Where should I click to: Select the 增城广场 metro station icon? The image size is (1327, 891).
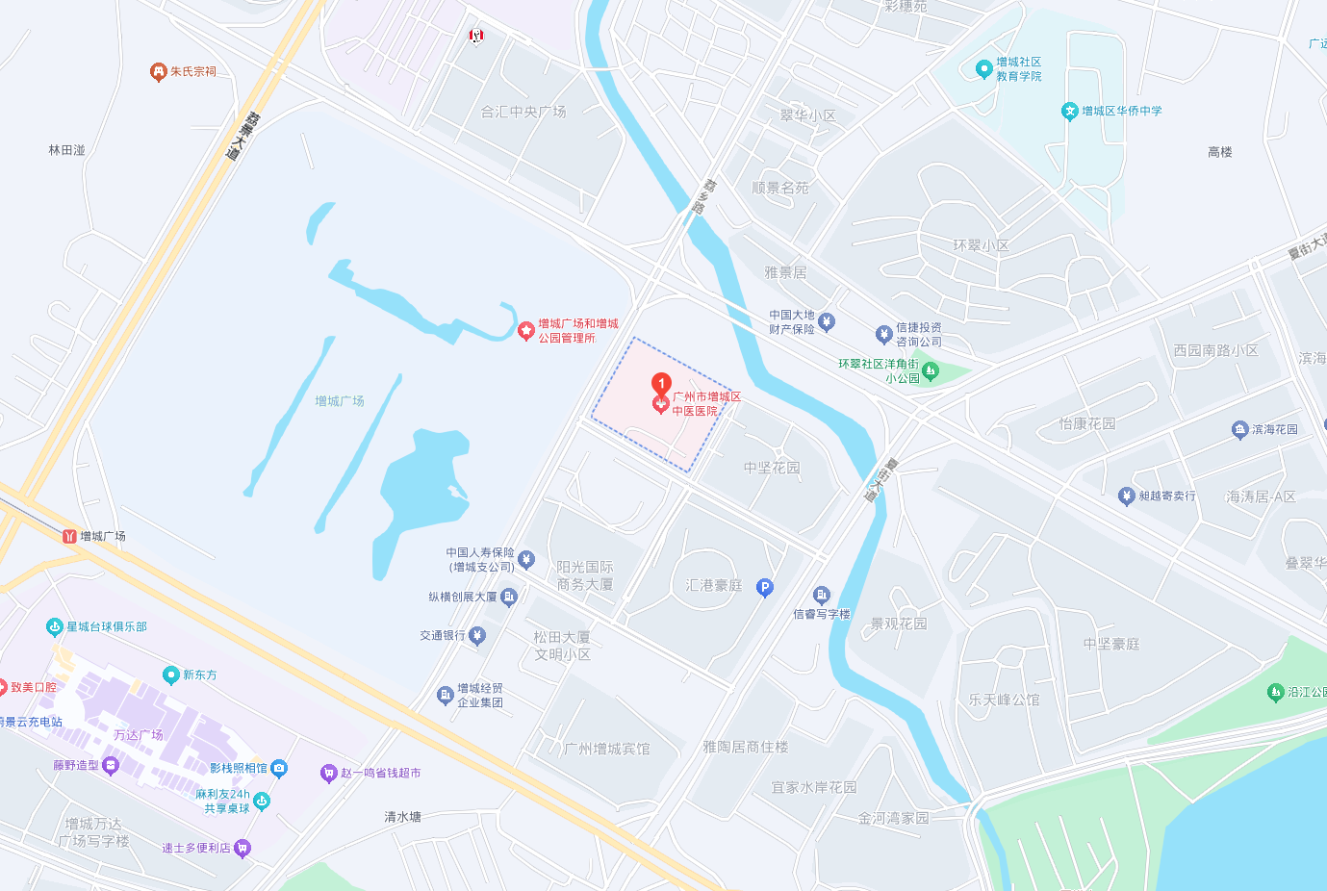(69, 536)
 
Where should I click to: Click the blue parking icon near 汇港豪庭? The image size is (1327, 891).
(765, 587)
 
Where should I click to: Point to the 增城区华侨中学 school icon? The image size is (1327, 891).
(1069, 112)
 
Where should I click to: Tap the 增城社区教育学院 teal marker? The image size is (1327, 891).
(983, 69)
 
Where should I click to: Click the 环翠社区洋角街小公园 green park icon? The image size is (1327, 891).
(930, 370)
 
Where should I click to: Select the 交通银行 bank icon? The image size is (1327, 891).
(477, 635)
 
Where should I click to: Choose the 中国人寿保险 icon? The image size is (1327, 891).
(525, 559)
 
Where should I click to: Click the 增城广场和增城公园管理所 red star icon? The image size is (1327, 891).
(525, 331)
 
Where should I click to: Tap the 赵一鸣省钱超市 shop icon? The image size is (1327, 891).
(328, 774)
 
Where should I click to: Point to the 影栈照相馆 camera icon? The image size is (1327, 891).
(279, 768)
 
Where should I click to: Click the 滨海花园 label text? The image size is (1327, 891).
(1274, 429)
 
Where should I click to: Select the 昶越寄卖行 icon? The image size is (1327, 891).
(1126, 496)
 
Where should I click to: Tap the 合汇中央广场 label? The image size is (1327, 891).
(523, 113)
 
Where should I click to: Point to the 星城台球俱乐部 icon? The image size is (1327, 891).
(55, 627)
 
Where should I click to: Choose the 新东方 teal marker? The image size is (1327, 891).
(171, 675)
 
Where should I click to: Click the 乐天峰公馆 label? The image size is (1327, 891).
(1004, 700)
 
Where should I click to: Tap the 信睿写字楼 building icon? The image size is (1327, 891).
(821, 596)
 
